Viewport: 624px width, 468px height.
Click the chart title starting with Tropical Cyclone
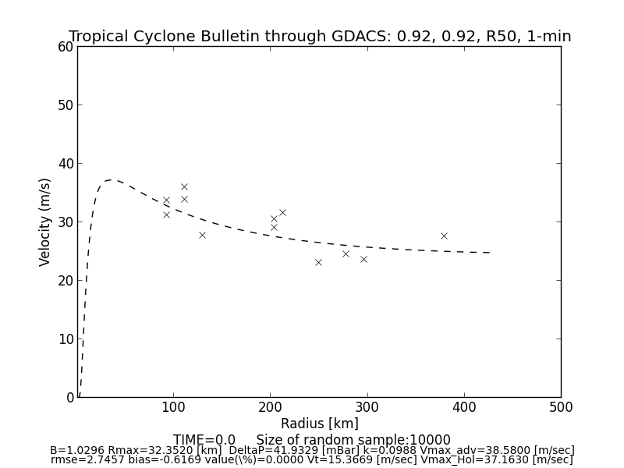(x=320, y=37)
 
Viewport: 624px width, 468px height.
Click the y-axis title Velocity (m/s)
(x=45, y=222)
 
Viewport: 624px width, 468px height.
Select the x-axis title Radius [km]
(x=320, y=424)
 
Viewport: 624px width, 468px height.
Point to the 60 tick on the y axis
(x=66, y=47)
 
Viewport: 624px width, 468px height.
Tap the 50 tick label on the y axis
(x=66, y=105)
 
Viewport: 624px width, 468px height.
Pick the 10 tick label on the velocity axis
(x=66, y=339)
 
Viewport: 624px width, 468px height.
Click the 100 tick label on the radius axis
(x=173, y=406)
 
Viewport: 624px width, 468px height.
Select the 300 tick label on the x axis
(x=367, y=406)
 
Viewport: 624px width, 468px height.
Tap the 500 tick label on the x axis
(x=560, y=406)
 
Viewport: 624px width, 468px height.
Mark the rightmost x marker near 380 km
(x=444, y=236)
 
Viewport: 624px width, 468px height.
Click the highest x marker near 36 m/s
(x=184, y=186)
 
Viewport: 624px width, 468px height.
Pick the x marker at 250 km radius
(x=318, y=262)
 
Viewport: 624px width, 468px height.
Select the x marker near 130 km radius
(x=202, y=235)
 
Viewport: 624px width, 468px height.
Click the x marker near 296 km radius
(x=363, y=259)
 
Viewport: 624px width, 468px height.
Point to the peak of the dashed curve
(x=112, y=180)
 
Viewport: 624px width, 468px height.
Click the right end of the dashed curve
(x=490, y=253)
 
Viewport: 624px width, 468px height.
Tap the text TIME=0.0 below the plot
(x=204, y=440)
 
